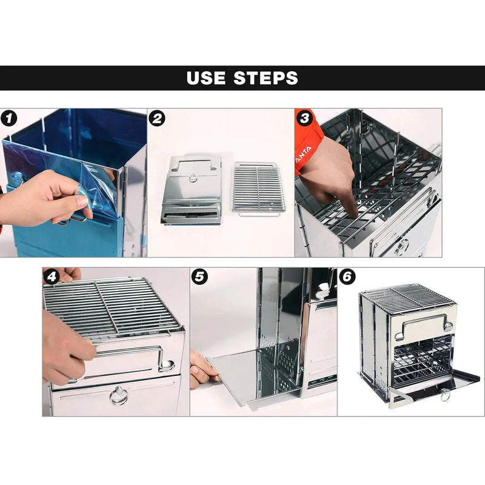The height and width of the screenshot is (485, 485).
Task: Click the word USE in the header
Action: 207,78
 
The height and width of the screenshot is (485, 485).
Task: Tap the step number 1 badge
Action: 8,118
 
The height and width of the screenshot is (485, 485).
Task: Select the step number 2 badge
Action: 157,118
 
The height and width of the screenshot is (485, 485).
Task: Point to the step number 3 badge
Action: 304,118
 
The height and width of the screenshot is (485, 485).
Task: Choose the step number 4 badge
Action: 52,277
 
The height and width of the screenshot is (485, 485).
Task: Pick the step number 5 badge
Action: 199,277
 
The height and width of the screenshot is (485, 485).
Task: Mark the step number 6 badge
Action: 347,277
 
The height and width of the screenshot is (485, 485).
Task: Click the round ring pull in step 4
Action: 119,396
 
